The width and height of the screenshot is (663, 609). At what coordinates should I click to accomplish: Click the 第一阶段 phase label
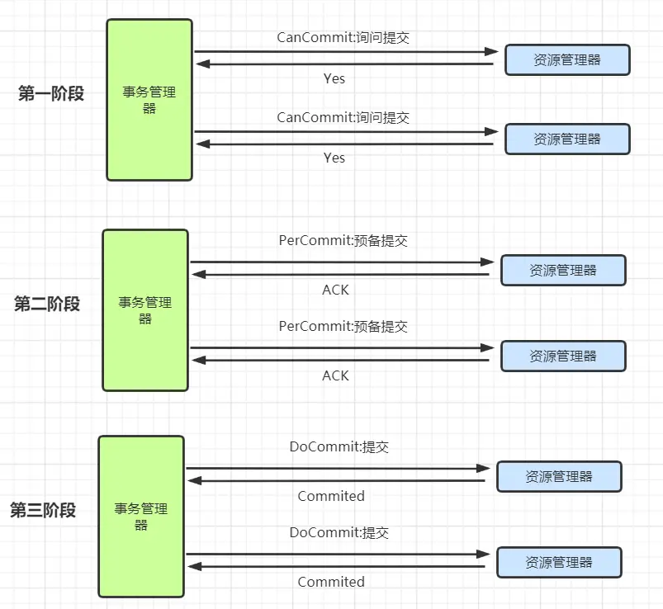click(x=51, y=93)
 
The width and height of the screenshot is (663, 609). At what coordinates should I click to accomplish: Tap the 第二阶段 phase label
click(x=47, y=304)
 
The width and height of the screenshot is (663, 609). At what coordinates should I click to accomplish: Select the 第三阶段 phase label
click(x=43, y=510)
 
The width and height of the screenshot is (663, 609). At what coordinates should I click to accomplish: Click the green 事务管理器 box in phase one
click(x=149, y=100)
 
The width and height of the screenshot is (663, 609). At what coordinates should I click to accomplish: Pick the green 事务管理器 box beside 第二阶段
click(x=145, y=310)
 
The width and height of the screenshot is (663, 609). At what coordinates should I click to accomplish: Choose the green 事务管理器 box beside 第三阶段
click(x=141, y=517)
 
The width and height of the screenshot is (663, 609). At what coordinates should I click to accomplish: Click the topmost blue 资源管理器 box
click(x=567, y=59)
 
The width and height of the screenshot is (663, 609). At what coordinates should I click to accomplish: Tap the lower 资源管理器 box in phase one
click(x=567, y=139)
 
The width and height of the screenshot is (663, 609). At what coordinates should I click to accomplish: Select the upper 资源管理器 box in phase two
click(x=563, y=270)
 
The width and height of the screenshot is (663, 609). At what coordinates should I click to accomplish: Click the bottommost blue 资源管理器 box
click(x=559, y=562)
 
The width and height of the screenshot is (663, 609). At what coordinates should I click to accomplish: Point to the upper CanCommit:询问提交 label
click(x=343, y=38)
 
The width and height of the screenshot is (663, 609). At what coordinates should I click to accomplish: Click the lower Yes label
click(x=334, y=158)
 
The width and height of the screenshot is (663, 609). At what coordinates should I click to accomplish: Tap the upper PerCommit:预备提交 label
click(x=343, y=240)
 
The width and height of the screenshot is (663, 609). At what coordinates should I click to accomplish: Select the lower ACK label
click(x=335, y=375)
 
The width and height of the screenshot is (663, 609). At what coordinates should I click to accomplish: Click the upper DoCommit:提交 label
click(x=339, y=446)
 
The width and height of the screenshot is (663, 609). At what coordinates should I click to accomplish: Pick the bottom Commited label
click(x=331, y=582)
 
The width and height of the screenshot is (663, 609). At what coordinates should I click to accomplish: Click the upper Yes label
click(x=334, y=78)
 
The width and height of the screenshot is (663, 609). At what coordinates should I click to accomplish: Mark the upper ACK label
click(x=335, y=290)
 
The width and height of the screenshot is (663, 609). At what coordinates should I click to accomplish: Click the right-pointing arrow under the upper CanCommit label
click(x=346, y=51)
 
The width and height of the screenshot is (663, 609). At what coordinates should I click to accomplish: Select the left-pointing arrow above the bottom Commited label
click(x=336, y=566)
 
